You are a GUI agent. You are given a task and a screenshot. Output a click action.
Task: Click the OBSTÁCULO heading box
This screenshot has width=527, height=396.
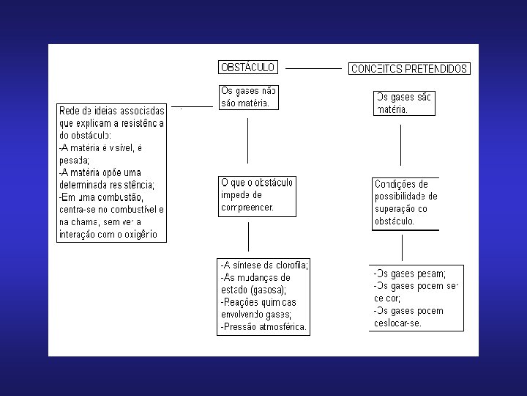(247, 67)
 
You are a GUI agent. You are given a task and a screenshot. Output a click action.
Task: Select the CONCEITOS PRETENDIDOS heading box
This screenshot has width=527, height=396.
(408, 69)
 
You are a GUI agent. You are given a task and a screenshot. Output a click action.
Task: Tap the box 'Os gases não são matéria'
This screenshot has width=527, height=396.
(248, 98)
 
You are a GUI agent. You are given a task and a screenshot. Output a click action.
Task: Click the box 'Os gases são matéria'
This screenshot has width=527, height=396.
(403, 103)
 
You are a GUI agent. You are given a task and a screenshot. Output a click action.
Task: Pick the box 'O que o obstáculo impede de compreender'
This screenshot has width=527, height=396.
(257, 195)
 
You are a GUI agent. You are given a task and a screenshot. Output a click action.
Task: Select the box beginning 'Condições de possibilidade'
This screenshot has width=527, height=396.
(405, 202)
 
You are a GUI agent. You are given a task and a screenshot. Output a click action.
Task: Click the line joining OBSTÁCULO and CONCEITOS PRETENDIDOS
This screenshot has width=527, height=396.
(313, 67)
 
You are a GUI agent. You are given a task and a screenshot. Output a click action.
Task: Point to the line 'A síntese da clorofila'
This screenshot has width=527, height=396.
(265, 265)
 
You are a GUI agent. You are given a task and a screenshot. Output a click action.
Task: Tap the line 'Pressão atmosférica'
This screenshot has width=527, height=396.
(263, 326)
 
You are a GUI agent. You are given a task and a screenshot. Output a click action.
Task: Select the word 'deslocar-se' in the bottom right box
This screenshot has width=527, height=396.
(397, 323)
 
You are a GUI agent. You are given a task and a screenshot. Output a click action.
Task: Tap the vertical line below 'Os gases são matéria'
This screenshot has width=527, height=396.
(400, 145)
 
